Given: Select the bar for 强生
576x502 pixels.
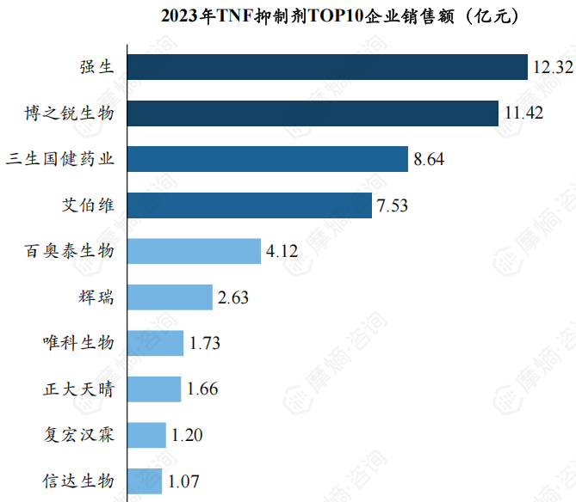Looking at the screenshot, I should click(x=327, y=67).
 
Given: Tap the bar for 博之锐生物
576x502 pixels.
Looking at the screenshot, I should click(x=313, y=113).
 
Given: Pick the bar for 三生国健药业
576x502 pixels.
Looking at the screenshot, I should click(x=268, y=159).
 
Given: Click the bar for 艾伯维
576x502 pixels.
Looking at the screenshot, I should click(x=250, y=205).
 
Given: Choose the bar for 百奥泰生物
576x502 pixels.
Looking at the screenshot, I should click(x=194, y=251).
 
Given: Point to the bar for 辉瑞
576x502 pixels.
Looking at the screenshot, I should click(x=170, y=297).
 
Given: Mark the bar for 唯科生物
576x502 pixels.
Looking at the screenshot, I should click(x=155, y=343).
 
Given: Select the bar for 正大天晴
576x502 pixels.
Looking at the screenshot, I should click(x=154, y=389).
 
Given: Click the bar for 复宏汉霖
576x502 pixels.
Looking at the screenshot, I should click(x=146, y=435).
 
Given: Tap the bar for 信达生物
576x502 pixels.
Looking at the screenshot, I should click(x=145, y=481).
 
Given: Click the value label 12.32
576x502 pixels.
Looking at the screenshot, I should click(x=552, y=67).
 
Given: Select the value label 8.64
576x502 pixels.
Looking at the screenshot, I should click(x=429, y=159).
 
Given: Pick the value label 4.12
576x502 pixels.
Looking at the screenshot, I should click(x=282, y=251).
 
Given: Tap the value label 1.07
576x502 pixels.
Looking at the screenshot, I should click(x=183, y=481).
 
